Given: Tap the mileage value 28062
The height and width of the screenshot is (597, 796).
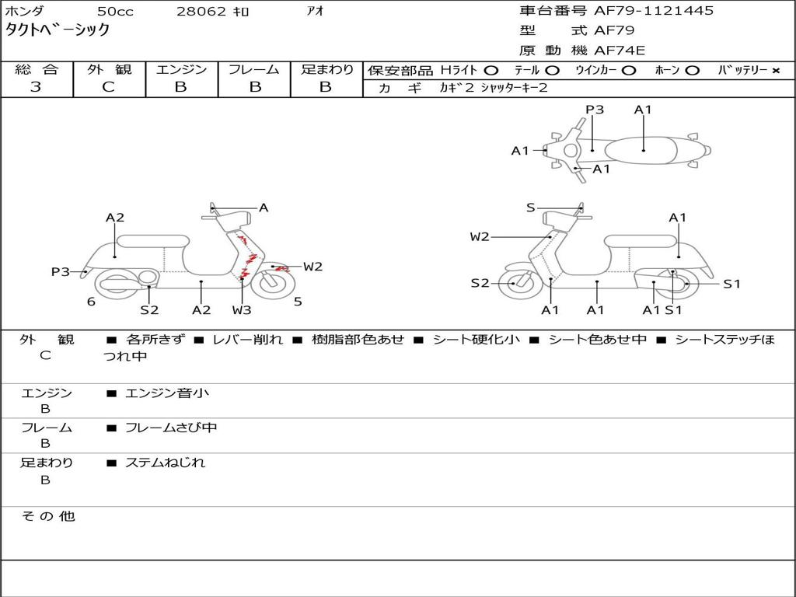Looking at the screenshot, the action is point(202,12).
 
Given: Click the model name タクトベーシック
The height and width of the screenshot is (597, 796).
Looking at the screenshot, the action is point(58,30).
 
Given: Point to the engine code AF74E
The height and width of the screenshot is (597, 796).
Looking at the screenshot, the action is point(620,51).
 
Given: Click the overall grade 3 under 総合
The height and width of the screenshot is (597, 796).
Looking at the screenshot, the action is point(36,87).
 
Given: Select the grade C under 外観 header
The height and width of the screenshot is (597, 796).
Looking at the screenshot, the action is point(109,87).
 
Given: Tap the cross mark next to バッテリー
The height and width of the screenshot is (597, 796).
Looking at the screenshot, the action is point(775,71).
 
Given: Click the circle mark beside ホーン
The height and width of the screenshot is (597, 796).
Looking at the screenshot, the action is point(692,71).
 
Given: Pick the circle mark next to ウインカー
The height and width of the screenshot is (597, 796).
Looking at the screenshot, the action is point(629,71).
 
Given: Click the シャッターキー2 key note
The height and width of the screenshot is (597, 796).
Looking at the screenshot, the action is point(514,88).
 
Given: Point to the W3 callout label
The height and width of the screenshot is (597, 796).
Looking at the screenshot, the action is point(242,310).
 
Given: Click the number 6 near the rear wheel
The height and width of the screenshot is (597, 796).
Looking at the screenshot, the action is point(91,302).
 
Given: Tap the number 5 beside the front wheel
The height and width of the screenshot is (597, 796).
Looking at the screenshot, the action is point(298,302).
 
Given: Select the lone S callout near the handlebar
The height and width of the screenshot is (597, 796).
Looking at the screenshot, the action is point(530,208).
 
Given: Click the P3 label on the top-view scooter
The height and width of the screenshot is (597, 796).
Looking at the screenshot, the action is point(595,110).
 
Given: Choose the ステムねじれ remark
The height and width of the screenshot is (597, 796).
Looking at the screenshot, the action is point(165,463).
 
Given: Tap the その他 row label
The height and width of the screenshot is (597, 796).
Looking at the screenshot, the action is point(47,516).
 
